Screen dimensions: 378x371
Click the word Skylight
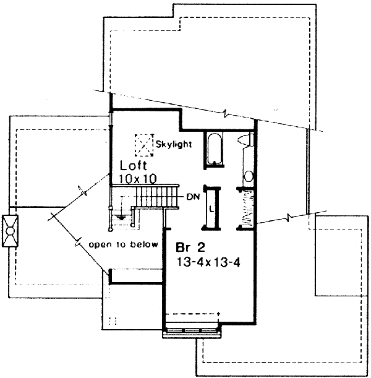point(174,145)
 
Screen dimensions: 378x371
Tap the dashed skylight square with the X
point(144,144)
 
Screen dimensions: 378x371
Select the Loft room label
point(133,166)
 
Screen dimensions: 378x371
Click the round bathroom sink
point(249,176)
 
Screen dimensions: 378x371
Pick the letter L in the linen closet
point(212,208)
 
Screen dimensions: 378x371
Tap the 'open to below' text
point(124,244)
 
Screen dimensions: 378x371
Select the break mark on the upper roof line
point(226,115)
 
